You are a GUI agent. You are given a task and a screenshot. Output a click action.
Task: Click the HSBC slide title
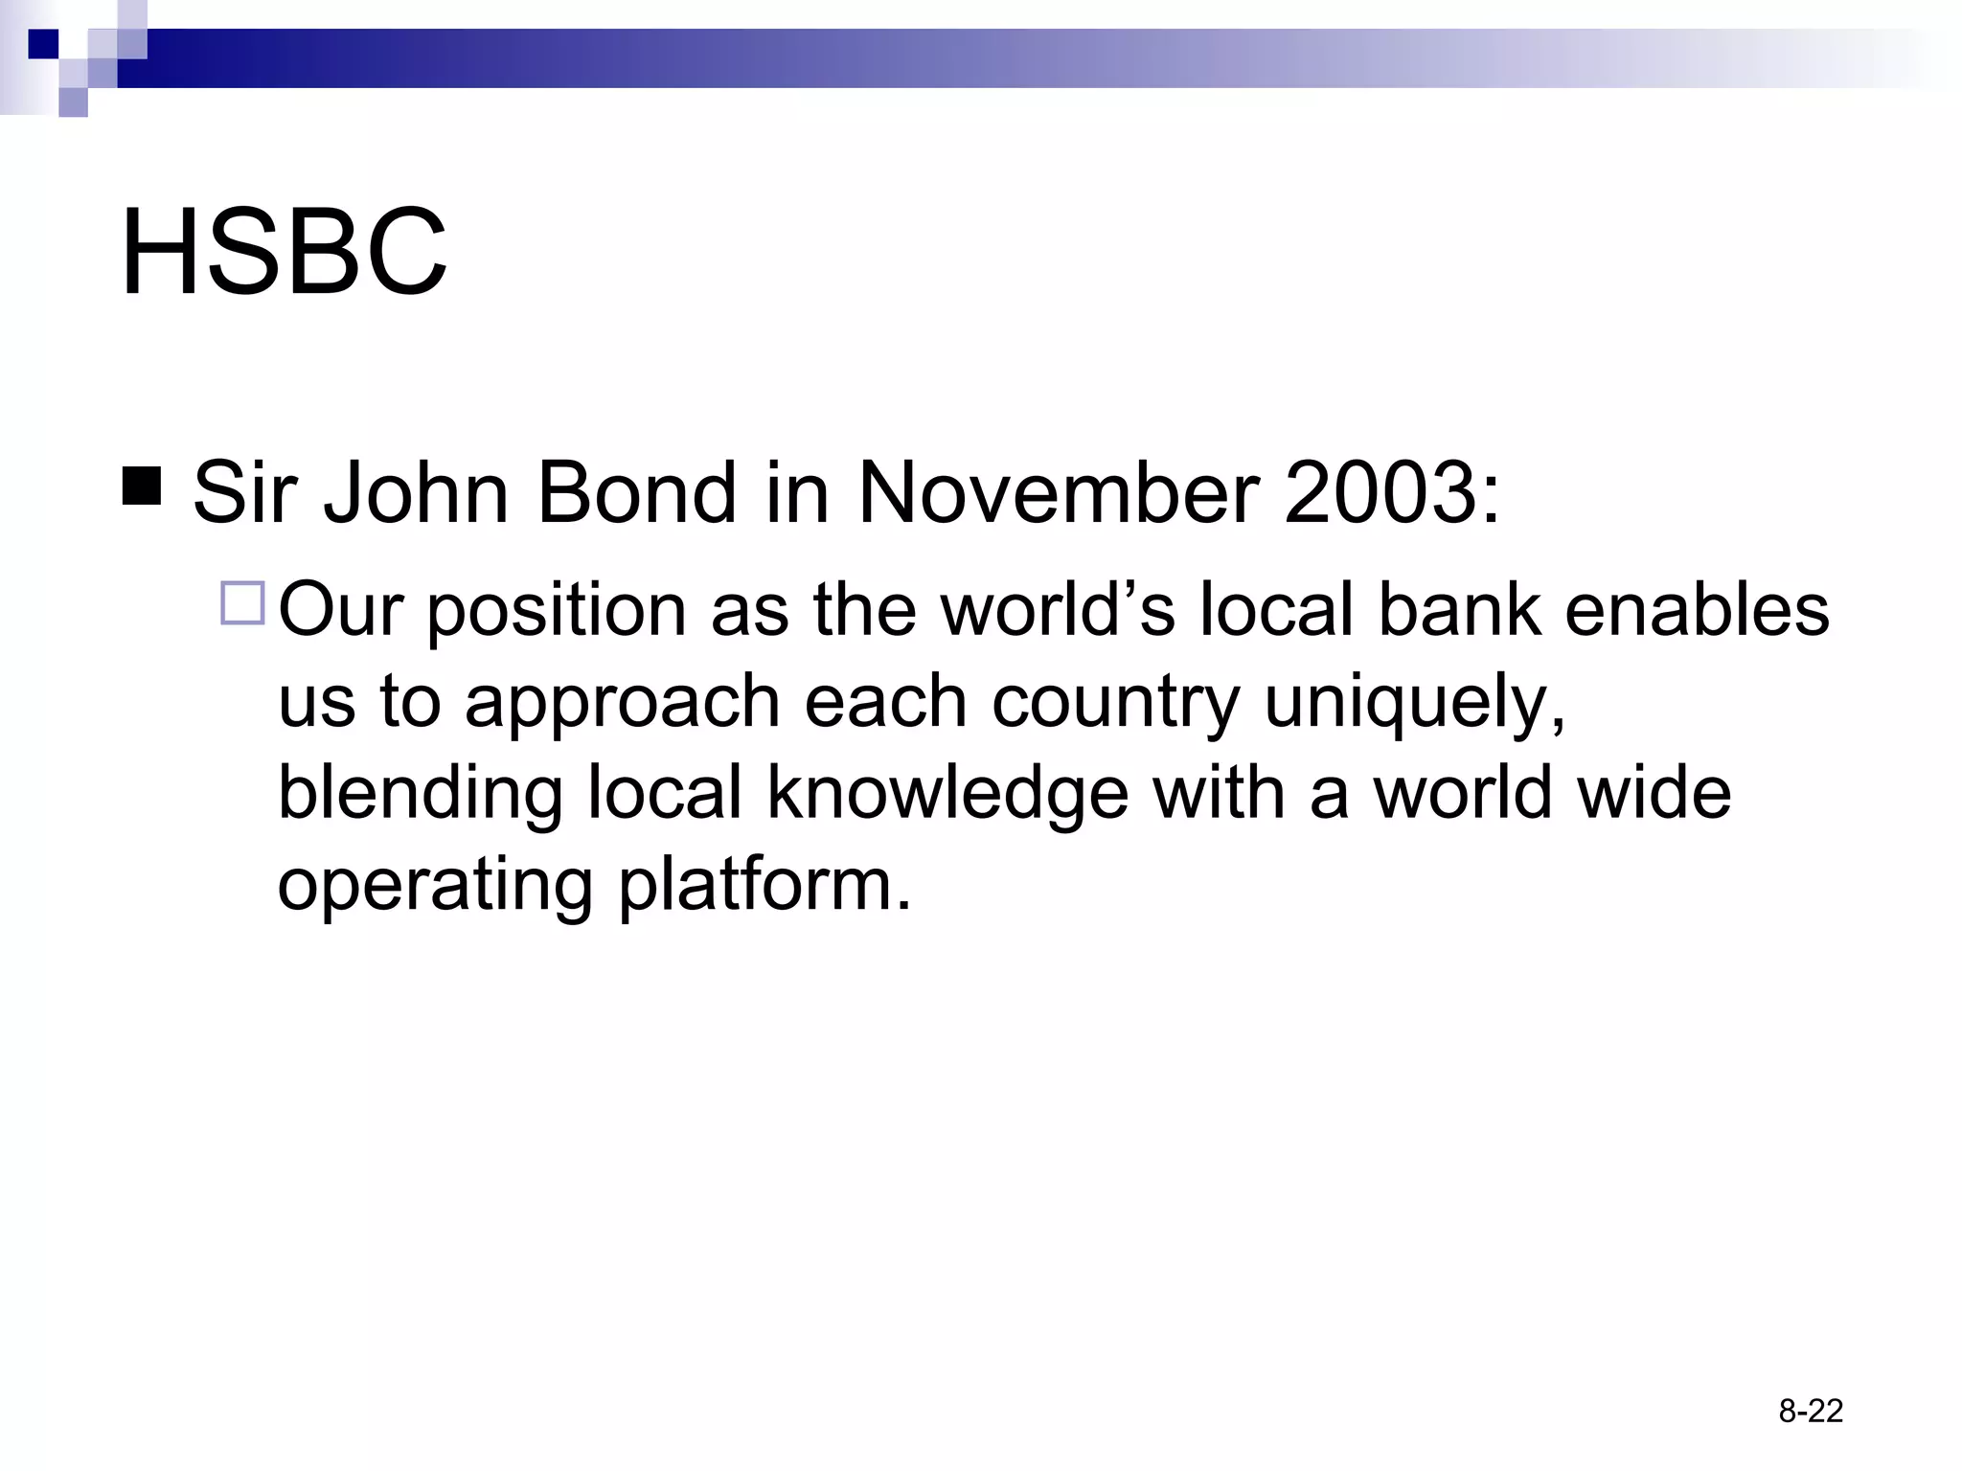[x=284, y=253]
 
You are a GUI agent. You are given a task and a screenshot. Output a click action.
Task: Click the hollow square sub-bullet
[x=242, y=603]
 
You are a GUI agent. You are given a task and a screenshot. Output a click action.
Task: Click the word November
[x=1058, y=493]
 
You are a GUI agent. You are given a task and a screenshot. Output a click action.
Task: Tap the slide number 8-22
[x=1811, y=1411]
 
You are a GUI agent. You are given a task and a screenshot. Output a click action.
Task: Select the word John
[x=417, y=493]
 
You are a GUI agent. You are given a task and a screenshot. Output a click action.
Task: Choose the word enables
[x=1697, y=610]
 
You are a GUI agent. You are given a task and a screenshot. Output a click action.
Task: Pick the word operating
[x=435, y=887]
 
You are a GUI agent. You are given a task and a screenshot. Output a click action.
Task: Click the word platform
[x=764, y=887]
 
